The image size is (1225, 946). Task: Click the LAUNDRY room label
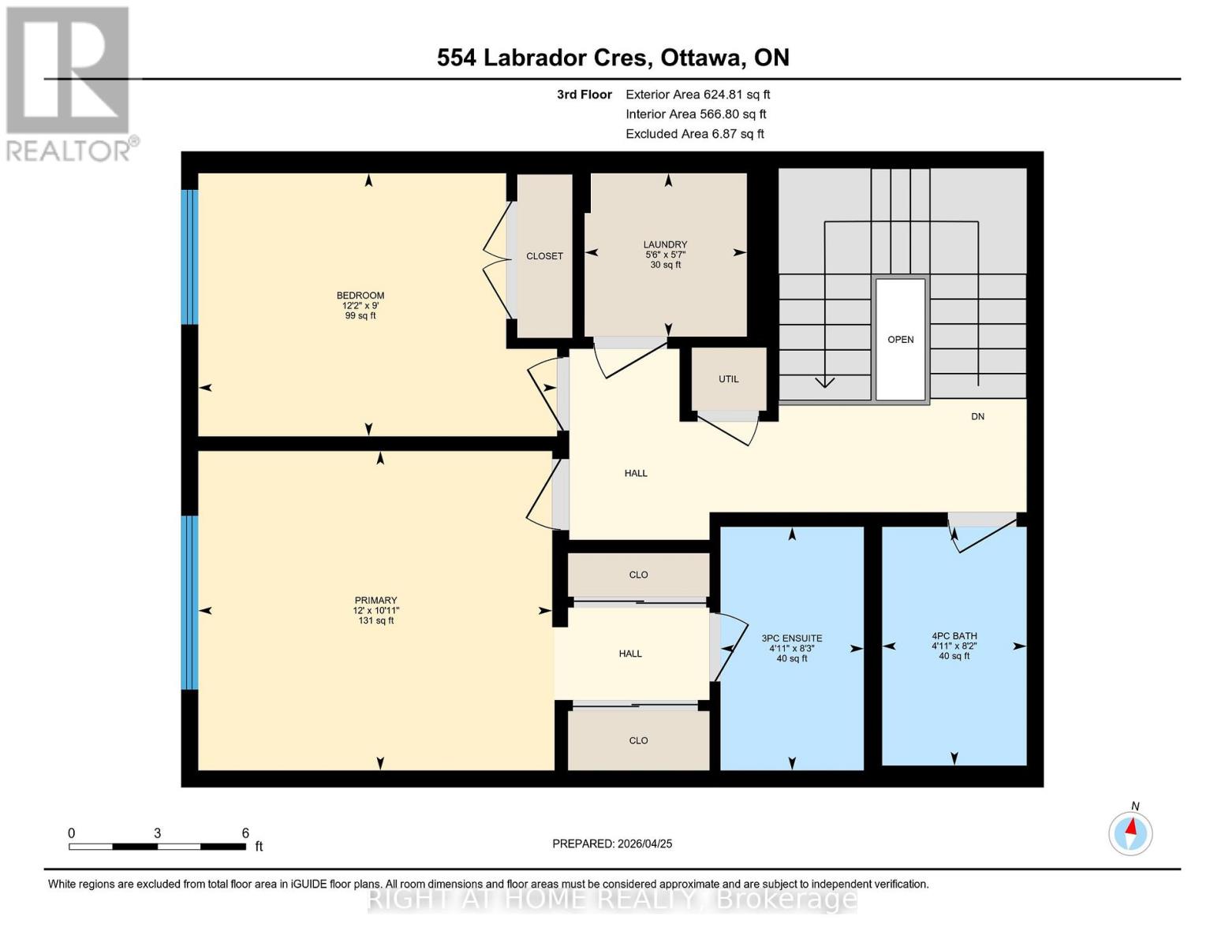[665, 244]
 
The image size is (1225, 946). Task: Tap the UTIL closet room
[728, 379]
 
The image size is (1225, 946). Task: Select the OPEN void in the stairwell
[900, 340]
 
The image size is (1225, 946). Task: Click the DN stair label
[977, 416]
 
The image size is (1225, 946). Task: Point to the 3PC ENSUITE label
[791, 639]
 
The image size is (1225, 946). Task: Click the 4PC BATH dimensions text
[954, 646]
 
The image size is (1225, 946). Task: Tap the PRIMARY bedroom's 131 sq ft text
[375, 620]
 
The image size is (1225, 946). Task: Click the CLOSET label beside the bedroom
[544, 256]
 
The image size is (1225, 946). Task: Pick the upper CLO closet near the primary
[638, 575]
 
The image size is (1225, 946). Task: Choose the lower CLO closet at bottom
[638, 740]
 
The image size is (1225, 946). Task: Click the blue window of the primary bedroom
[189, 602]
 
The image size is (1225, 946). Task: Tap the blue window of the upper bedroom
[189, 257]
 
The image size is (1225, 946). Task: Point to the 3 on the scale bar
[158, 833]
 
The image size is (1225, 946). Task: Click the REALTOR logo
[69, 83]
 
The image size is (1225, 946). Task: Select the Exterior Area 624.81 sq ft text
[697, 95]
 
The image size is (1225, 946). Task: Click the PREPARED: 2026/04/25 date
[612, 844]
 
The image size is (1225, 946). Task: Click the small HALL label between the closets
[629, 654]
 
